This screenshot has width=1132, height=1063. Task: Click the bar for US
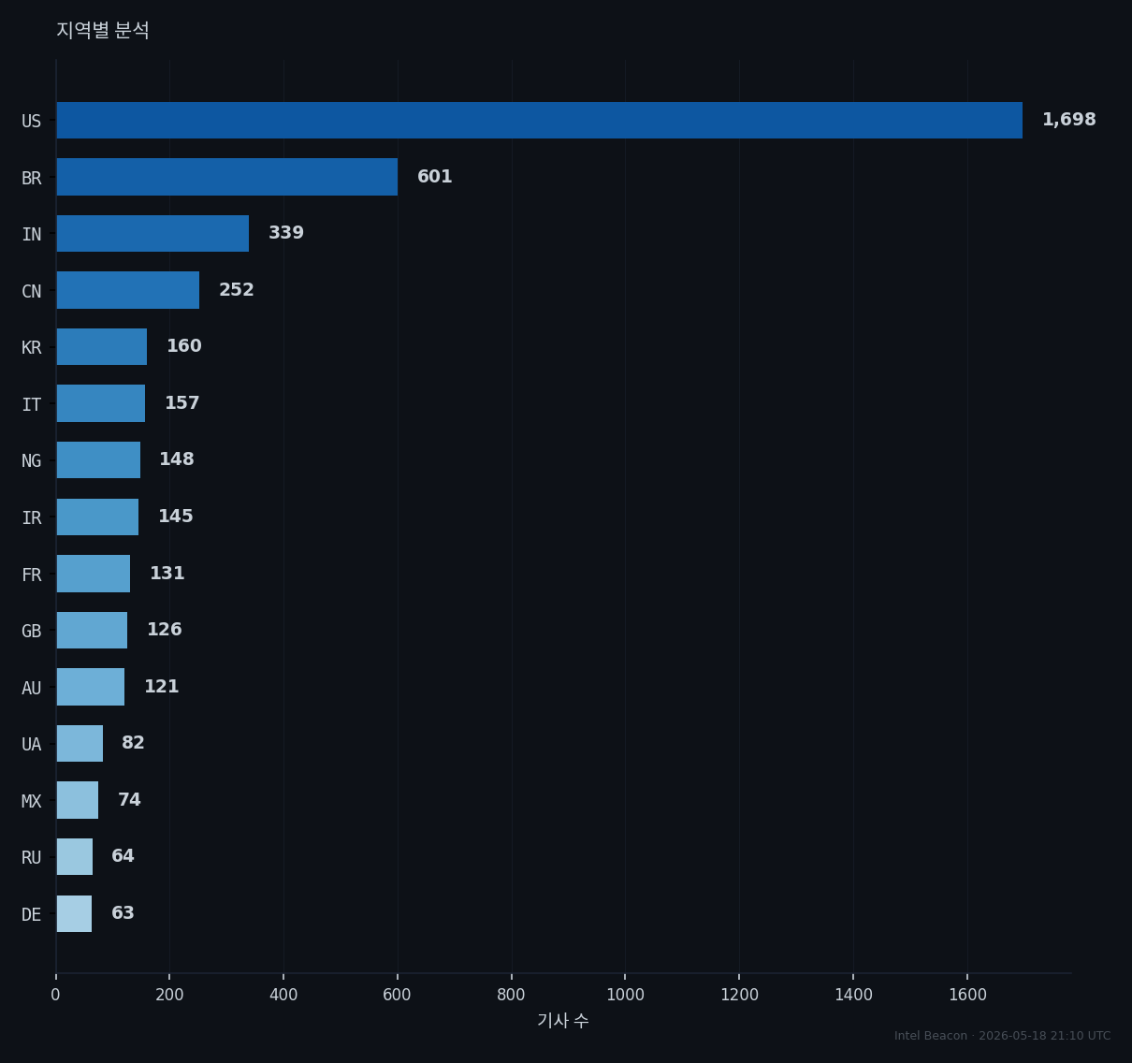tap(539, 121)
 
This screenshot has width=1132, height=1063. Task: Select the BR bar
tap(226, 177)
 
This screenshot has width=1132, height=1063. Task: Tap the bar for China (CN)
tap(127, 290)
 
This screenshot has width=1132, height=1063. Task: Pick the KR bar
tap(101, 347)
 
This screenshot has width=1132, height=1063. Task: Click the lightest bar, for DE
tap(74, 913)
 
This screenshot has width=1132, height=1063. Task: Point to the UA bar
tap(80, 744)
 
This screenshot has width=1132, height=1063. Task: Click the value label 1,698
tap(1068, 120)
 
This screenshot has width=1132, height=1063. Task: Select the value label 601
tap(434, 177)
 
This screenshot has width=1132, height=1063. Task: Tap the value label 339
tap(286, 233)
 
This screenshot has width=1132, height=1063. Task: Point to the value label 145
tap(176, 517)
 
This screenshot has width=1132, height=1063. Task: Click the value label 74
tap(129, 799)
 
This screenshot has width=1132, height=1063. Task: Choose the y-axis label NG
tap(32, 460)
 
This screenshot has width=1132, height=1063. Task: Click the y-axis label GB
tap(32, 632)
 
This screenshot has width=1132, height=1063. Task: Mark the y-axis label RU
tap(32, 858)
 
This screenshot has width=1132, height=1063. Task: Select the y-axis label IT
tap(32, 405)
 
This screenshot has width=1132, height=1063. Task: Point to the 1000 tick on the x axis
tap(625, 995)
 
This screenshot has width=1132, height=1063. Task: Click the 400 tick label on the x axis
tap(283, 995)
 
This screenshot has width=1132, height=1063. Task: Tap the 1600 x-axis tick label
tap(967, 995)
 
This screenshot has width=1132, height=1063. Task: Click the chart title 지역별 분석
tap(103, 30)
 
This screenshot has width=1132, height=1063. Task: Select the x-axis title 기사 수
tap(562, 1021)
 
